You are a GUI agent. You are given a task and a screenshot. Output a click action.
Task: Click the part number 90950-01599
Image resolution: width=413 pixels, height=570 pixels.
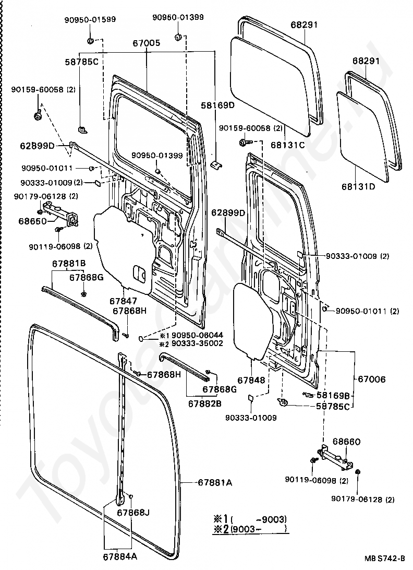(90, 20)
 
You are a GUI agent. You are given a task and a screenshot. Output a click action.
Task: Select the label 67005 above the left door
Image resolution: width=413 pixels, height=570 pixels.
(147, 43)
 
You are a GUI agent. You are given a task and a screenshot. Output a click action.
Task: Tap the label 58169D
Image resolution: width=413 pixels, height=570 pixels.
(217, 105)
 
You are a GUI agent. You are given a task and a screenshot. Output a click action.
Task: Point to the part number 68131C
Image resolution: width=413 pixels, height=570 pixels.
(288, 145)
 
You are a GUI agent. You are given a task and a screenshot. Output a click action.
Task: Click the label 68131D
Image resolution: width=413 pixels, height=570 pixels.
(358, 187)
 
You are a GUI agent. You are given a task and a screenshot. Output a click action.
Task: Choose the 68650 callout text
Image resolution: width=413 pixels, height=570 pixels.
(33, 221)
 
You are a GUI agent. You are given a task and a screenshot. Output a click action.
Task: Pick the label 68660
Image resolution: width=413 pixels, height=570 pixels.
(347, 442)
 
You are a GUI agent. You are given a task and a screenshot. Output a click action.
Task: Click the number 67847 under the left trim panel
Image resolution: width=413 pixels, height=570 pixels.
(123, 301)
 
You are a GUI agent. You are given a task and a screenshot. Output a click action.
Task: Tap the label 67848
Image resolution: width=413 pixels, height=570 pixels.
(251, 380)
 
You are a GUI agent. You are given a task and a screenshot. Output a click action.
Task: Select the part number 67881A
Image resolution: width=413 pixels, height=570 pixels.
(215, 483)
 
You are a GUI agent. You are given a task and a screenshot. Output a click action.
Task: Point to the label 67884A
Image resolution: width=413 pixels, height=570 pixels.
(120, 556)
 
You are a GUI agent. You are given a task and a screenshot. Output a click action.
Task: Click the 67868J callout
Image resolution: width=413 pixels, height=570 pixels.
(133, 513)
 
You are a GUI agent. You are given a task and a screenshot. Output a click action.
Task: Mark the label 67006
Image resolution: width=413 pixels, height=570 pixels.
(372, 379)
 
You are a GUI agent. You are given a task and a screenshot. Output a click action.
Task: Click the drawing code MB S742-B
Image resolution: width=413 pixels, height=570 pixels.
(385, 559)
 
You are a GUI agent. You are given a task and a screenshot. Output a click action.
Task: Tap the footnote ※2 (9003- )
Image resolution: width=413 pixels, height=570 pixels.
(250, 529)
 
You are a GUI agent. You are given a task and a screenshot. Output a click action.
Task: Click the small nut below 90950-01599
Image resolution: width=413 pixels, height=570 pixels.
(91, 40)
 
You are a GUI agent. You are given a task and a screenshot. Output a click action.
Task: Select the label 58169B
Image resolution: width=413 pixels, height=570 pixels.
(333, 395)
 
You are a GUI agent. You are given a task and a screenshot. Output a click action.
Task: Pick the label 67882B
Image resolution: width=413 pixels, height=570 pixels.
(205, 403)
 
